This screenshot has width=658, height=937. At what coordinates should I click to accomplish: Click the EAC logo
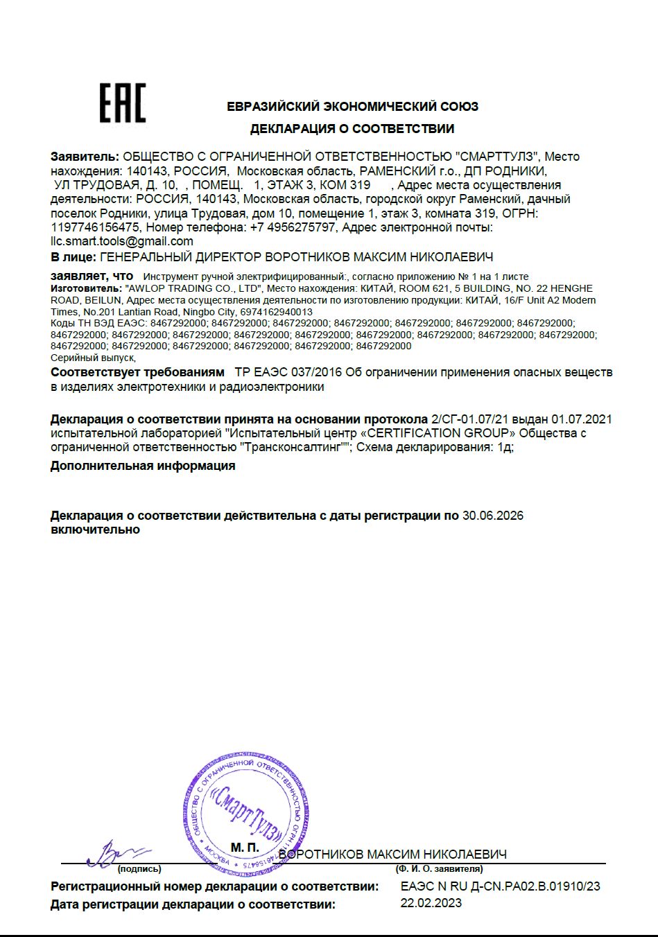[x=122, y=103]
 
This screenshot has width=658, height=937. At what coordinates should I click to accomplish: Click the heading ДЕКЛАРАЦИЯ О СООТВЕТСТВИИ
[x=352, y=129]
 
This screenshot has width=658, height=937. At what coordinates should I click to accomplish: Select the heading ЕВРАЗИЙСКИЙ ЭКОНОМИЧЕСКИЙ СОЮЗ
[x=352, y=107]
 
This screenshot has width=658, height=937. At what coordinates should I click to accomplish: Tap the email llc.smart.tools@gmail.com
[x=122, y=241]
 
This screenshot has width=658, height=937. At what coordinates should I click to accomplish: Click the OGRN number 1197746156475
[x=96, y=227]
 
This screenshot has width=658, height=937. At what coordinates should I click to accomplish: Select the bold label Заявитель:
[x=85, y=157]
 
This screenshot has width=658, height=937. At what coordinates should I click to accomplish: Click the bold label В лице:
[x=73, y=257]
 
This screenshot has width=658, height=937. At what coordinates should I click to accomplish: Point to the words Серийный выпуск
[x=93, y=358]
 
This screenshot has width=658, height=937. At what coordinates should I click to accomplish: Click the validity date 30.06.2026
[x=492, y=516]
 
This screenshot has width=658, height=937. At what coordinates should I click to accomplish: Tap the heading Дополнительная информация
[x=142, y=466]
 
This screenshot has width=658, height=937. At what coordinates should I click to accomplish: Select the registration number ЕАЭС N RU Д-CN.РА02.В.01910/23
[x=500, y=886]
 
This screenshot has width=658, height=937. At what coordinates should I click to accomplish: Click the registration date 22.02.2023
[x=431, y=903]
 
